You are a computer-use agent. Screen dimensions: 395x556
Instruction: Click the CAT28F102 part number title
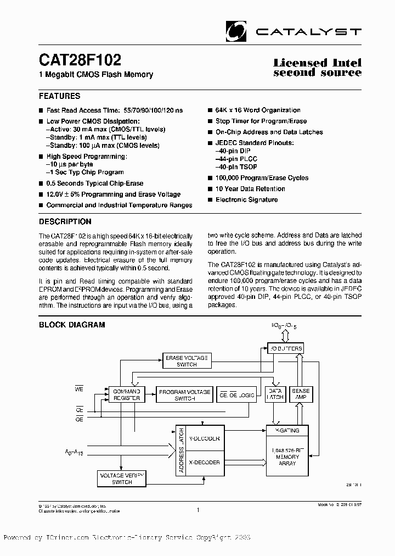click(80, 60)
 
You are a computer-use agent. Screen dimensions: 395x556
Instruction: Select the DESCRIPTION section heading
click(65, 222)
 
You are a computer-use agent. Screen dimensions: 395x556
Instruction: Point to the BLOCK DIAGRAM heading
click(72, 325)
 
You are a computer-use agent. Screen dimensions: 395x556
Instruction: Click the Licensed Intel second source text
click(317, 68)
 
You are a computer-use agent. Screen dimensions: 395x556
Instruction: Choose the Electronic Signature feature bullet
click(246, 200)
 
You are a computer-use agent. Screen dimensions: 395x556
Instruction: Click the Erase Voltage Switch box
click(187, 361)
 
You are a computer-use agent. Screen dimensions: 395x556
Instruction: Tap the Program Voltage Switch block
click(184, 394)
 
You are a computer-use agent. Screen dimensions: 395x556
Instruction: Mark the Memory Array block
click(287, 457)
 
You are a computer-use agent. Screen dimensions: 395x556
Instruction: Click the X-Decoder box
click(204, 463)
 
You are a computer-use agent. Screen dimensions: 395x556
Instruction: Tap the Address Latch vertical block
click(181, 451)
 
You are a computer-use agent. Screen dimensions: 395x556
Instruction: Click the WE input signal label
click(79, 388)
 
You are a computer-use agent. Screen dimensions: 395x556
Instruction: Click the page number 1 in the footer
click(198, 510)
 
